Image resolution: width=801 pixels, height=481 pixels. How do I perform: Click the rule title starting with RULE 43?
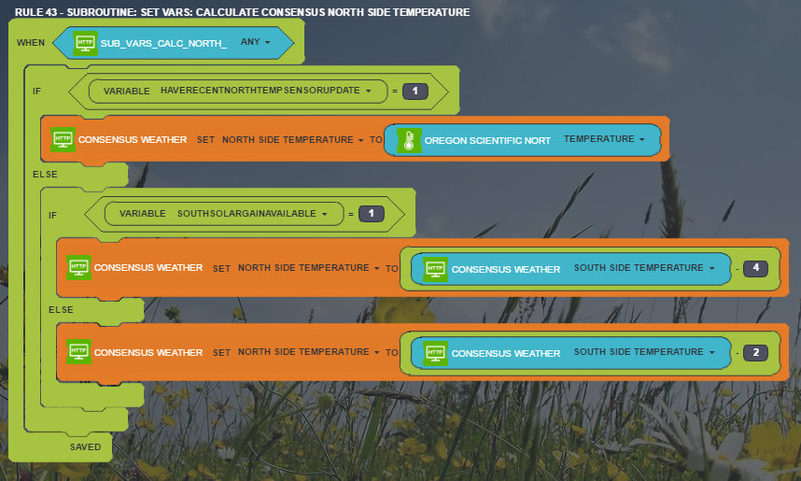[x=242, y=12]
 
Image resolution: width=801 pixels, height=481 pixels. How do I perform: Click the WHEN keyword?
[x=31, y=42]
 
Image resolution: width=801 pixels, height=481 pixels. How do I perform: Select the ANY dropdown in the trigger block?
[x=256, y=42]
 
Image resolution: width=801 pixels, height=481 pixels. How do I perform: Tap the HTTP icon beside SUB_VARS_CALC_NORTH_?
[x=85, y=43]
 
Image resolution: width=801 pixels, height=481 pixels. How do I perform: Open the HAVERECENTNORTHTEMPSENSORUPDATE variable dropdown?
[x=266, y=91]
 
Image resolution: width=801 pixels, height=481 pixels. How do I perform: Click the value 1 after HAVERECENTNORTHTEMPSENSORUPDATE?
[x=415, y=91]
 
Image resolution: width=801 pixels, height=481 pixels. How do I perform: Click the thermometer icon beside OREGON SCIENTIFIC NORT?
[x=409, y=140]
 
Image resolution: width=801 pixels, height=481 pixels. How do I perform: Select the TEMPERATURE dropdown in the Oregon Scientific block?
[x=604, y=139]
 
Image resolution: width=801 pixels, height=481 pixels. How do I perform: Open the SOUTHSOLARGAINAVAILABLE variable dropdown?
[x=252, y=214]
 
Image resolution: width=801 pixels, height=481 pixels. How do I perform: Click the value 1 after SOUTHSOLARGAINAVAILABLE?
[x=372, y=214]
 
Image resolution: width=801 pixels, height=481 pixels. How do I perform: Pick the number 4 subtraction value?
[x=755, y=268]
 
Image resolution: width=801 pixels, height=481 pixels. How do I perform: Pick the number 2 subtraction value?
[x=755, y=353]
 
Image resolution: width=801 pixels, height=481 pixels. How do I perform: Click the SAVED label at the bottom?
[x=85, y=446]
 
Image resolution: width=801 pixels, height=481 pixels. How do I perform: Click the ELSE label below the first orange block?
[x=45, y=175]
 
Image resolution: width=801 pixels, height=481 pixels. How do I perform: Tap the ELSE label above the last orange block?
[x=61, y=310]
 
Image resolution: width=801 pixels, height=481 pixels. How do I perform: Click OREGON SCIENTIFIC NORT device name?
[x=487, y=141]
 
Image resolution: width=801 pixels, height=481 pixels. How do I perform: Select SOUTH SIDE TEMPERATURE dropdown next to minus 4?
[x=644, y=268]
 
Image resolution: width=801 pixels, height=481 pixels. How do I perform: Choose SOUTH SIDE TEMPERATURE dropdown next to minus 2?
[x=644, y=352]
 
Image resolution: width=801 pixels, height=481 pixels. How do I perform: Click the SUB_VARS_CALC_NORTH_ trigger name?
[x=163, y=44]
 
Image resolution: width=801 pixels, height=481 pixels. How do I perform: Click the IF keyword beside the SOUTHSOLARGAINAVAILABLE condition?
[x=52, y=215]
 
